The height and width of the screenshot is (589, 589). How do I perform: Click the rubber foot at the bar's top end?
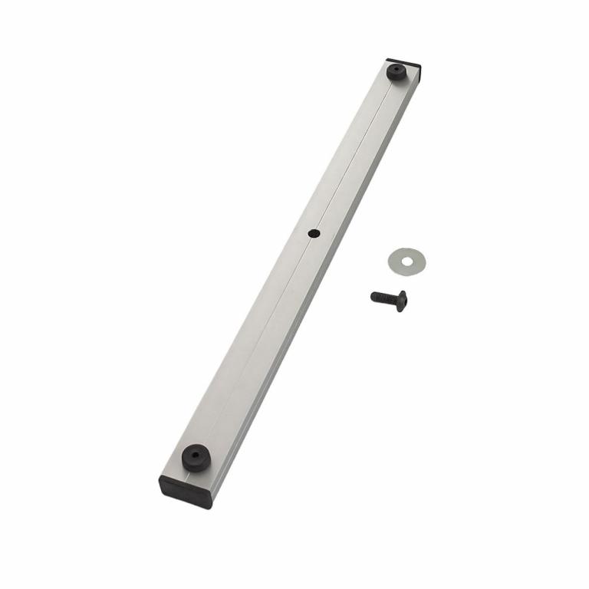click(396, 73)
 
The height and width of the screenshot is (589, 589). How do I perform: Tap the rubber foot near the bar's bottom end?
click(197, 457)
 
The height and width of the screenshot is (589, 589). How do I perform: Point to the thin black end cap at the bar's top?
click(405, 61)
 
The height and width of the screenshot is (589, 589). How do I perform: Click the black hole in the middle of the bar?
click(313, 232)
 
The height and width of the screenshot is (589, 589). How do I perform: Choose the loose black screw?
click(389, 298)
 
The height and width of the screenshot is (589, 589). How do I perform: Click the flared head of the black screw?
click(402, 301)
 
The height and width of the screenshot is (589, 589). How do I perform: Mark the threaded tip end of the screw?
click(373, 295)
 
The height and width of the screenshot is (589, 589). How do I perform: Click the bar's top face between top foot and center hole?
click(353, 153)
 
